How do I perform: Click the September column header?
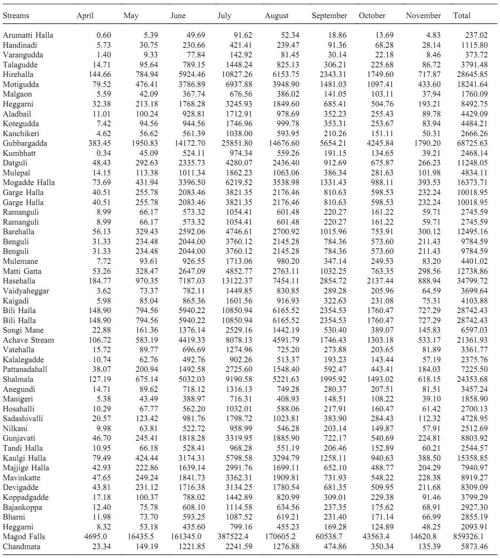point(329,16)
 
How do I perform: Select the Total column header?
point(462,16)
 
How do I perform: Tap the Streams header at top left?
point(16,16)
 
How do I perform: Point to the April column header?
point(85,16)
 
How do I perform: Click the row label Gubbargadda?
point(25,143)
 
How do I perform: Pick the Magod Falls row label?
point(24,537)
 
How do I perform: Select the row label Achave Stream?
point(28,340)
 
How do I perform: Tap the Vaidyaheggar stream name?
point(26,291)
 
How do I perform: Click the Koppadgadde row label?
point(26,497)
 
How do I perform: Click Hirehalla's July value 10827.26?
point(237,74)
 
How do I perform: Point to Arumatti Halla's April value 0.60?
point(104,35)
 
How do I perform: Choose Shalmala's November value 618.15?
point(429,379)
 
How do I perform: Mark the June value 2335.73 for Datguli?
point(192,163)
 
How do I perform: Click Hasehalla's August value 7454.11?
point(286,281)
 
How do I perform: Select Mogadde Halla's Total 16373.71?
point(472,182)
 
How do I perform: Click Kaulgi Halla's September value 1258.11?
point(333,458)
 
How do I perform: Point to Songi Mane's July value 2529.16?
point(239,330)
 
